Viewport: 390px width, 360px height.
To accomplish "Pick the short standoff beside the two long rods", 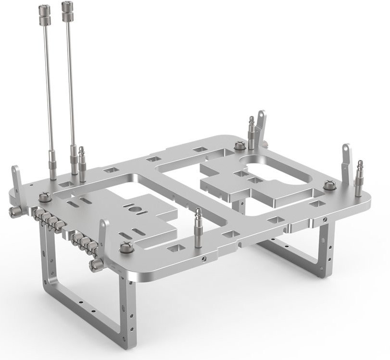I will tap(82, 163).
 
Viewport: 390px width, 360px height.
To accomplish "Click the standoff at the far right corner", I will tap(360, 178).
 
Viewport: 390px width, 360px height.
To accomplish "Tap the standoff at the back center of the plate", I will tap(251, 131).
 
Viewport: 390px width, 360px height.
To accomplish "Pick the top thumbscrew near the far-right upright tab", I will tap(329, 184).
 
